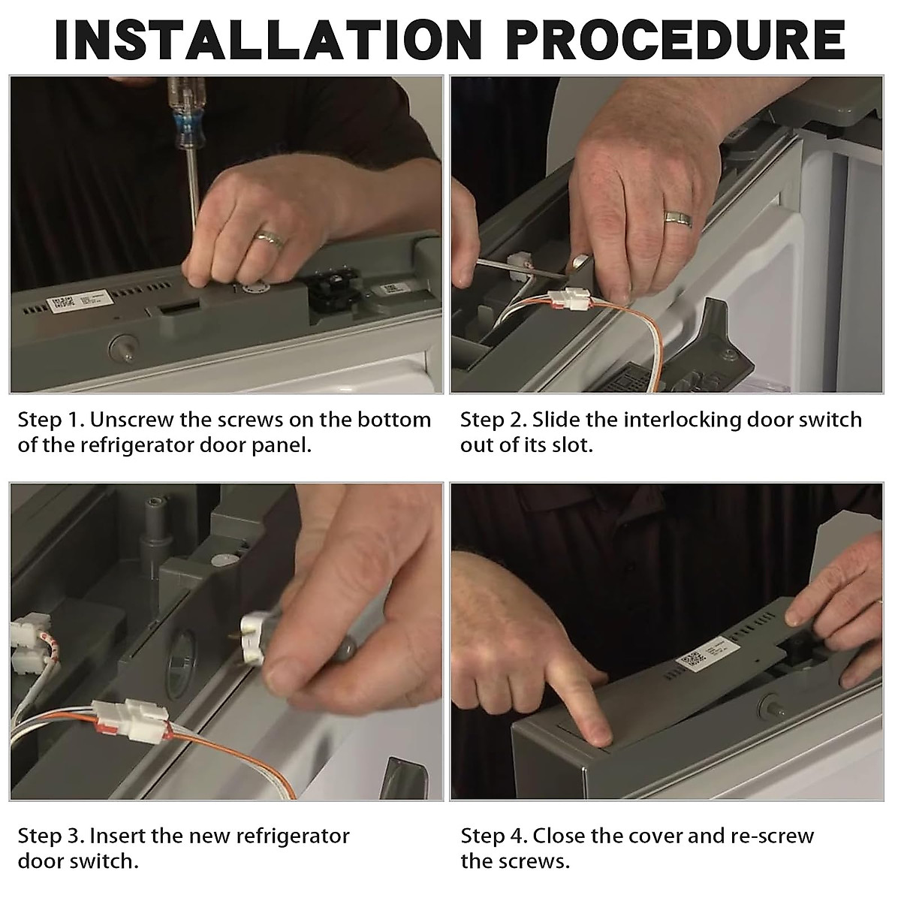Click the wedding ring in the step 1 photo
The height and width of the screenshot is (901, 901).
point(270,240)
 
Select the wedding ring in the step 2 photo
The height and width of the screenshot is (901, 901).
point(679,218)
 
